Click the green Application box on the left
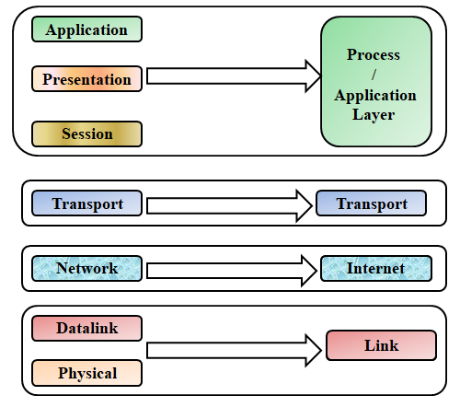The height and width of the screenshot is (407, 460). tap(86, 29)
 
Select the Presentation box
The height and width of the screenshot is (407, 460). tap(87, 79)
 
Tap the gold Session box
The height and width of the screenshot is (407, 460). tap(86, 134)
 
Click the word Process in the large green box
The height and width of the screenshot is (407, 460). tap(374, 55)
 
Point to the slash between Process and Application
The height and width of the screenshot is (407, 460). tap(374, 76)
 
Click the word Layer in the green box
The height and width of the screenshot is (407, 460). tap(375, 115)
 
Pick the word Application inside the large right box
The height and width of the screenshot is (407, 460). tap(375, 95)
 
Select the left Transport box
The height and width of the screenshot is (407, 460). tap(86, 203)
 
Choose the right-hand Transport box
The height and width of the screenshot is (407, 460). tap(371, 203)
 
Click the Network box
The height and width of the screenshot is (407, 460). tap(86, 269)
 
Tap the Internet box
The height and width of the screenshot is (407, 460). tap(374, 269)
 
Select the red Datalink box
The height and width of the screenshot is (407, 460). tap(86, 328)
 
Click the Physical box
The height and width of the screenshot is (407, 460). tap(86, 373)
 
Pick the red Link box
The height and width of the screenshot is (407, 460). tap(381, 346)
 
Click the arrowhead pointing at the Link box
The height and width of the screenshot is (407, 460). tap(316, 351)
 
